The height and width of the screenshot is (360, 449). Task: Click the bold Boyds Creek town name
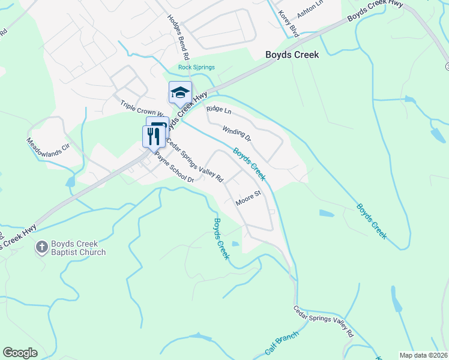292,55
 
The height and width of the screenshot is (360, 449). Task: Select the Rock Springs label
196,67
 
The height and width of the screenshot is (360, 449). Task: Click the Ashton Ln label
310,12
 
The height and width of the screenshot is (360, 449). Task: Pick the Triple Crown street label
142,109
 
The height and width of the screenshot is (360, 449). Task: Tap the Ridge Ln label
218,109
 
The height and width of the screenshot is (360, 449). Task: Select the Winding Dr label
236,133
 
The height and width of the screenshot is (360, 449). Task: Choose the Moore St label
248,198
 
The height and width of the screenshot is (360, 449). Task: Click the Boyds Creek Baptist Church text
78,248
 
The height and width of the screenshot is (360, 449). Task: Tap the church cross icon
41,247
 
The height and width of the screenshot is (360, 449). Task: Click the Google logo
20,353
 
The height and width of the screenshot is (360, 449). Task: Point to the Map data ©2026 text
423,355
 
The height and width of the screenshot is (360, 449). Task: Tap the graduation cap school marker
180,93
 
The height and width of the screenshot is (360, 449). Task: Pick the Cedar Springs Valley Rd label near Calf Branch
323,321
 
